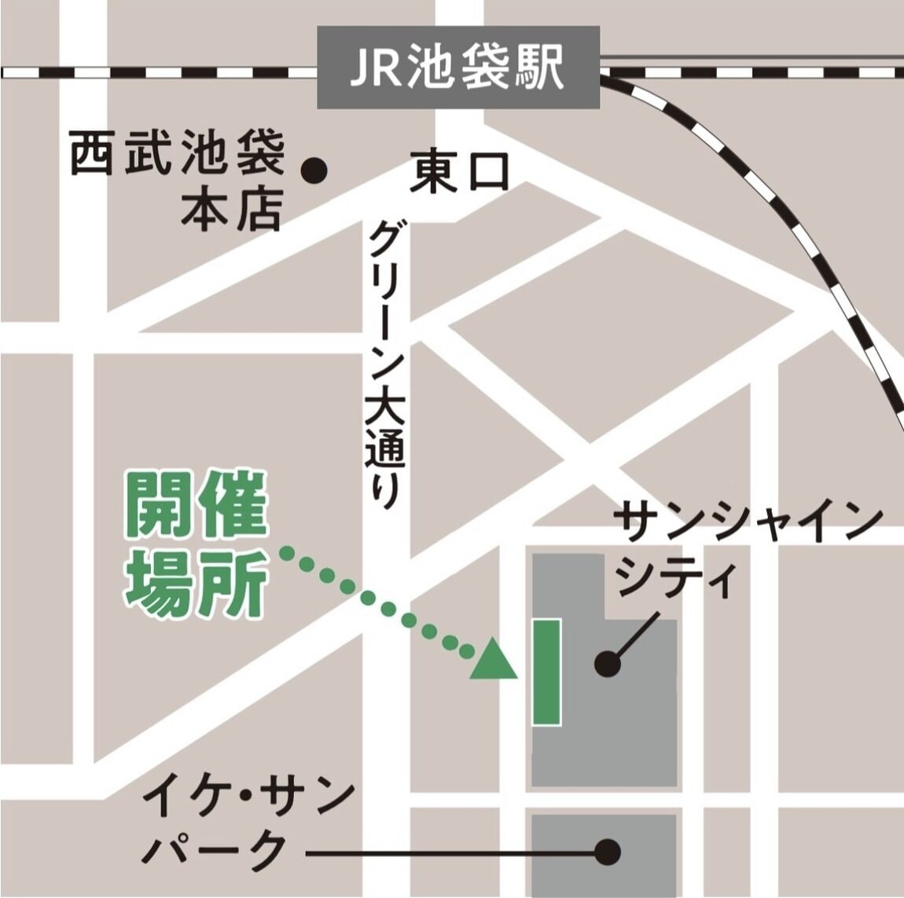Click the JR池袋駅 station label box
pos(458,68)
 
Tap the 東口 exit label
pos(460,173)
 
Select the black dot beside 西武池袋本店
pos(315,169)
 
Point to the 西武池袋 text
pos(177,156)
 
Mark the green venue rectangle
pos(546,671)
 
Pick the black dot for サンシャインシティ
pos(608,665)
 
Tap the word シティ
pos(677,581)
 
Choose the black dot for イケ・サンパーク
pos(608,852)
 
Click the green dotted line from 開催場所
pos(377,602)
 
